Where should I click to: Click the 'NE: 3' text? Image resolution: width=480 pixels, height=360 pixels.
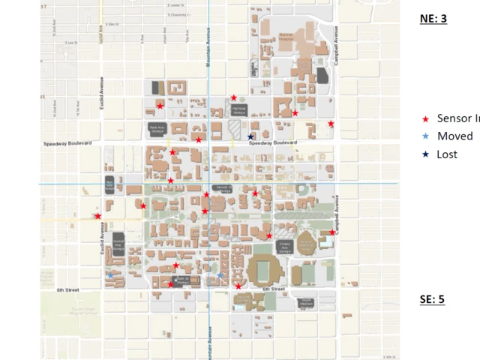(433, 18)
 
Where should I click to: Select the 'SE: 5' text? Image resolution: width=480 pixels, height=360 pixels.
(432, 299)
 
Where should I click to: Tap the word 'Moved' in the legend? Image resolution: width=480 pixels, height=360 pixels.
(454, 136)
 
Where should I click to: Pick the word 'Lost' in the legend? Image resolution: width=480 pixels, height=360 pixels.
(446, 154)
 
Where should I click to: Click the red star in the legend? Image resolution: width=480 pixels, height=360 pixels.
(426, 118)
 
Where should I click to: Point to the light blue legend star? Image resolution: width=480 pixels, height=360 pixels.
(426, 136)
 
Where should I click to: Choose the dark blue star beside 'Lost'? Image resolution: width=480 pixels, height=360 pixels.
(426, 154)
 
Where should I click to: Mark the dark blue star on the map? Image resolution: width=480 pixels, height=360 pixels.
(250, 136)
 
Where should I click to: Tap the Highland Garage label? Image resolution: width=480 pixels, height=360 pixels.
(239, 109)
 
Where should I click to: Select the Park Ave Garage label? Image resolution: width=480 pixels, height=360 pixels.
(157, 128)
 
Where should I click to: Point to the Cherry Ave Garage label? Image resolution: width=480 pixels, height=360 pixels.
(284, 245)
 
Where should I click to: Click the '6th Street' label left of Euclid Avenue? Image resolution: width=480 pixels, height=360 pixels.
(67, 289)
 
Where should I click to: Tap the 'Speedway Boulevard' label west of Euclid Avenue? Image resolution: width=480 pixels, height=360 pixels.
(67, 142)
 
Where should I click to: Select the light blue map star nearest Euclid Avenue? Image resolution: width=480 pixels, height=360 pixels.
(111, 275)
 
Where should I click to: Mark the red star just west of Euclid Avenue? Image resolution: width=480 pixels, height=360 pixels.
(98, 216)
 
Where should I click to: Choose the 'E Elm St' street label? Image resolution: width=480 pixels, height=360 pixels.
(112, 24)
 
